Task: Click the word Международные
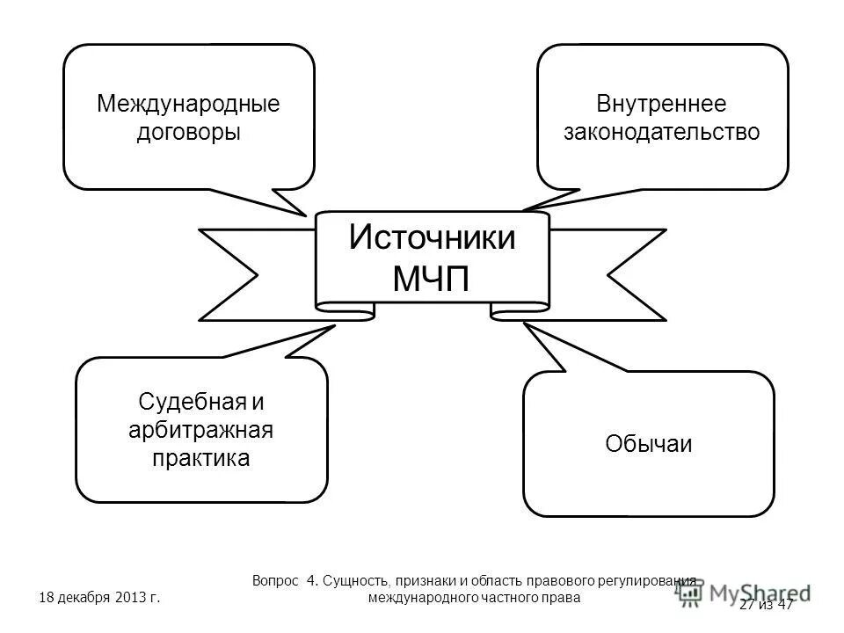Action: pyautogui.click(x=188, y=105)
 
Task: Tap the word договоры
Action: pyautogui.click(x=188, y=134)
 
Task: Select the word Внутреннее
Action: pyautogui.click(x=662, y=105)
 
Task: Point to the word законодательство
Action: pyautogui.click(x=662, y=134)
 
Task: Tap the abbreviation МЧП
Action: pyautogui.click(x=432, y=279)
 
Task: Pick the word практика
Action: pyautogui.click(x=201, y=458)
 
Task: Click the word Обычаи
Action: pyautogui.click(x=649, y=444)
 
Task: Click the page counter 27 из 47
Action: pyautogui.click(x=767, y=604)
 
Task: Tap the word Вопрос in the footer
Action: pyautogui.click(x=276, y=581)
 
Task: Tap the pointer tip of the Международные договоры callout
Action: pyautogui.click(x=305, y=215)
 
